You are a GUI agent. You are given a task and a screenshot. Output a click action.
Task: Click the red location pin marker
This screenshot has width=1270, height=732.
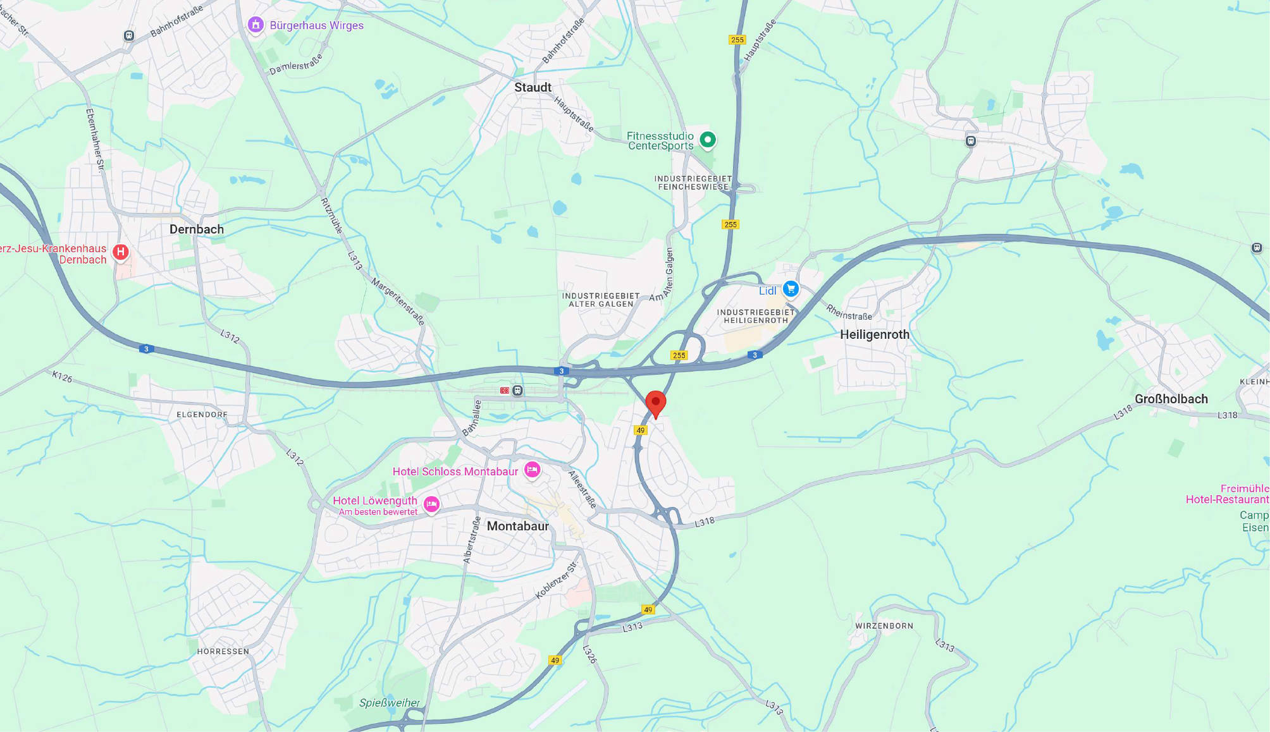pyautogui.click(x=655, y=403)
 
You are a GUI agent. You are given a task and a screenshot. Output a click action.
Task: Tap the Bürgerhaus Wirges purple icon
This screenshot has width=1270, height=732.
pyautogui.click(x=256, y=25)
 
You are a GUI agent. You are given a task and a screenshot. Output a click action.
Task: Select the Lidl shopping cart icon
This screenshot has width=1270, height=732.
pyautogui.click(x=791, y=289)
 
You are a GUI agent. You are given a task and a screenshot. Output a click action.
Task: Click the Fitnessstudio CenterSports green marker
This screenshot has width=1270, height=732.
pyautogui.click(x=708, y=139)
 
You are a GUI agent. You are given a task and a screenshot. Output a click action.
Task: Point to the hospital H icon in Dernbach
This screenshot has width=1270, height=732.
pyautogui.click(x=121, y=252)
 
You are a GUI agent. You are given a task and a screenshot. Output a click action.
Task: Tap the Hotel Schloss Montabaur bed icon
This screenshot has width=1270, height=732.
pyautogui.click(x=533, y=470)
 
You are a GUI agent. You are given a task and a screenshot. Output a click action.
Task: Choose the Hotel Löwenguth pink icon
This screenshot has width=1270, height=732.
pyautogui.click(x=431, y=504)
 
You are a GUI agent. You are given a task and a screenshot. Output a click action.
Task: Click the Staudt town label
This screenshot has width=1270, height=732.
pyautogui.click(x=533, y=87)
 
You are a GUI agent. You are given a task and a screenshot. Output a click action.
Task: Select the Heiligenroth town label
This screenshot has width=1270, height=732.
pyautogui.click(x=874, y=334)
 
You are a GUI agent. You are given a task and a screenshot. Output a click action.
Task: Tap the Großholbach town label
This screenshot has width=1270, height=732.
pyautogui.click(x=1171, y=399)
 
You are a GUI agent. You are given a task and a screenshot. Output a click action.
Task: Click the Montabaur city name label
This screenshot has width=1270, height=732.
pyautogui.click(x=517, y=526)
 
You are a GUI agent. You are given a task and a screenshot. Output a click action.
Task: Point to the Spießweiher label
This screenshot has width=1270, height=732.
pyautogui.click(x=389, y=702)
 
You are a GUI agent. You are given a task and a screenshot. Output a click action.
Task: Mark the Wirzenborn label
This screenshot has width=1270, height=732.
pyautogui.click(x=884, y=626)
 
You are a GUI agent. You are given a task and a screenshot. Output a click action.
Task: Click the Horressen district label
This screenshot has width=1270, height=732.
pyautogui.click(x=223, y=651)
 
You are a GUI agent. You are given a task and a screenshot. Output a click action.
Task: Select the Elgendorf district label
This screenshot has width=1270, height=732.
pyautogui.click(x=202, y=415)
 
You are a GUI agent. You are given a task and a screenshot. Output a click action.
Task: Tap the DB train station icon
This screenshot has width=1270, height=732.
pyautogui.click(x=505, y=391)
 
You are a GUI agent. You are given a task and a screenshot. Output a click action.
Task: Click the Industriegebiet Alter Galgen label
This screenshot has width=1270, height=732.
pyautogui.click(x=600, y=300)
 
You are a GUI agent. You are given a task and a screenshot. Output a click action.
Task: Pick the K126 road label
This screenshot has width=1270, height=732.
pyautogui.click(x=62, y=377)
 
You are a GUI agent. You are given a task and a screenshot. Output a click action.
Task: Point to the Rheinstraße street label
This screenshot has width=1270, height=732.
pyautogui.click(x=849, y=312)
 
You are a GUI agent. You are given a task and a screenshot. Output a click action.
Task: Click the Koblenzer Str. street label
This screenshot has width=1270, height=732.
pyautogui.click(x=557, y=580)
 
